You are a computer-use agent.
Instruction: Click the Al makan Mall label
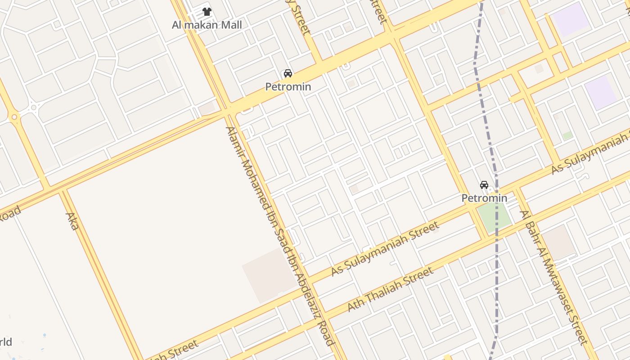tap(207, 25)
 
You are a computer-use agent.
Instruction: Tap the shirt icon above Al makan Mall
tap(207, 12)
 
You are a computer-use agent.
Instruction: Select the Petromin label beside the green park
tap(484, 198)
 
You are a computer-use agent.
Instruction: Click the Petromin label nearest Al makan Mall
tap(288, 86)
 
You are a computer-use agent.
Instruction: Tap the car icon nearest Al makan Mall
tap(288, 73)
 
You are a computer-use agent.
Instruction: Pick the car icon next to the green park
tap(484, 185)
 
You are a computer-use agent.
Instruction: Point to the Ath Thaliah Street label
tap(391, 288)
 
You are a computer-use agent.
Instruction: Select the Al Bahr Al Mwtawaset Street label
tap(554, 277)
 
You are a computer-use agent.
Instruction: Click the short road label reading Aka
tap(72, 221)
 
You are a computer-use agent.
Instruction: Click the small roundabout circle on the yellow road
tap(15, 117)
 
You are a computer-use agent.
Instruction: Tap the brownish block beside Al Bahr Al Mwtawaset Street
tap(558, 242)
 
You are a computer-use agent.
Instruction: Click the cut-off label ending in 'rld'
tap(6, 342)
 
